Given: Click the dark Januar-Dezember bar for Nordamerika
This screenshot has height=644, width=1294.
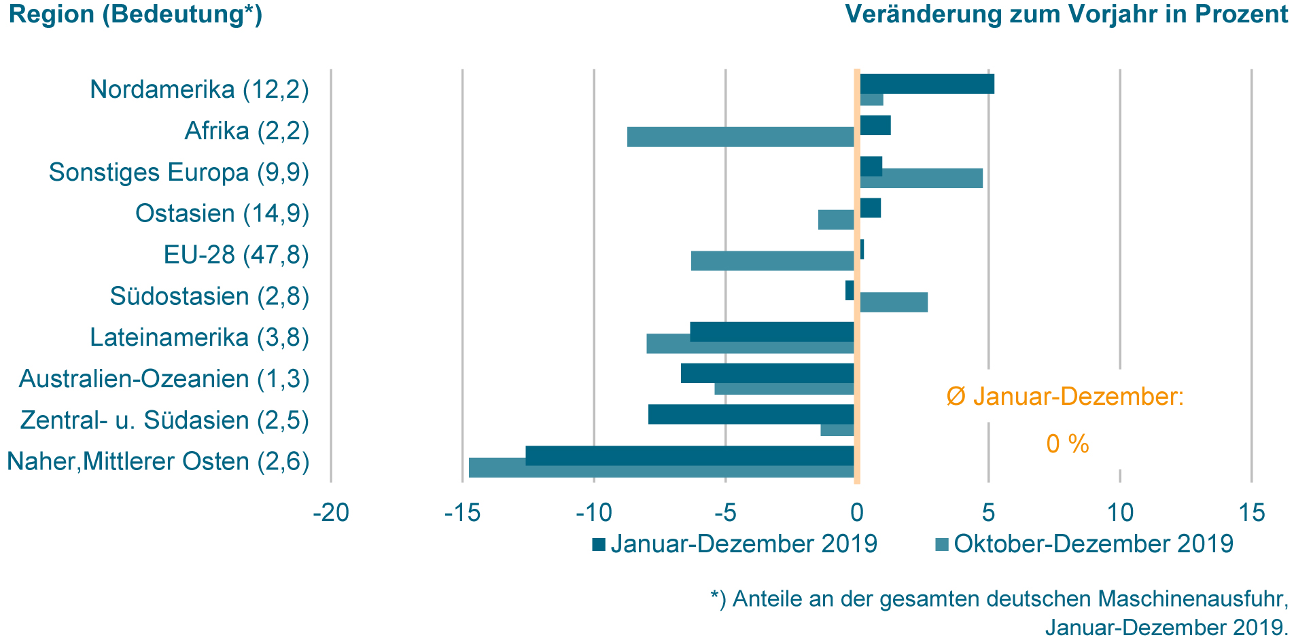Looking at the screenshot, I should tap(926, 84).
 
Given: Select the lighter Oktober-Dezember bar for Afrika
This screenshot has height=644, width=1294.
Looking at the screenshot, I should tap(740, 137).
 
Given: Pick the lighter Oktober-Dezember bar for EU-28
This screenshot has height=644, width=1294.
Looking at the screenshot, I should tap(772, 261).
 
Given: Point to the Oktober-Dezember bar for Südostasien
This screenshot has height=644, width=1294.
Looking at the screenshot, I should tap(893, 302).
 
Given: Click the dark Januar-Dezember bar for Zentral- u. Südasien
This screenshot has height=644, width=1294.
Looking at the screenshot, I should tap(750, 414).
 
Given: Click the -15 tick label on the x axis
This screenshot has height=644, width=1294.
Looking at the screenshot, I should tap(462, 513).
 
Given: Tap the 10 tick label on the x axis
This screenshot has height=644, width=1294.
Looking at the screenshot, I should tap(1120, 513).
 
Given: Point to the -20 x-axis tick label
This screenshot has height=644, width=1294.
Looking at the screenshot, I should tap(331, 513).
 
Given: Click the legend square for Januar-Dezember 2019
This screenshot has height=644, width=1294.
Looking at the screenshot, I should tap(599, 544).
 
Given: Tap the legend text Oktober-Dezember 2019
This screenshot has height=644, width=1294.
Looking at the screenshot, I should tap(1093, 544).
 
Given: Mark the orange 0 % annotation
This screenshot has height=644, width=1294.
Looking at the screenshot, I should tap(1067, 444).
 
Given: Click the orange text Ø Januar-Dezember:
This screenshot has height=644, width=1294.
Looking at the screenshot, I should tap(1065, 397).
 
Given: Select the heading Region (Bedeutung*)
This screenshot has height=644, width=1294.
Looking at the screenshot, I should tap(135, 14).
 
